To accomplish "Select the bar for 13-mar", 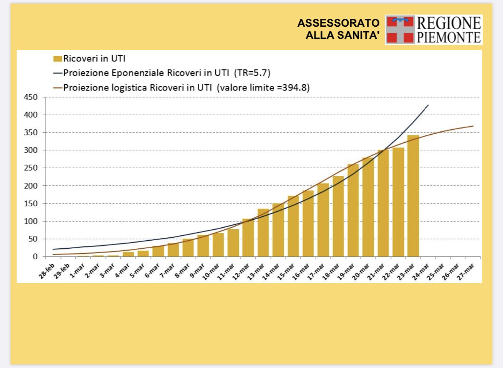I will tap(263, 233).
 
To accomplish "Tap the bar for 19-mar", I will tap(353, 210).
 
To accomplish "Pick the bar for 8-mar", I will tap(188, 247).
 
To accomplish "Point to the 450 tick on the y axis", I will tap(30, 97).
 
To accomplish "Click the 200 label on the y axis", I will tap(30, 186).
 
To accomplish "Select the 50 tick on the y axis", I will tap(32, 239).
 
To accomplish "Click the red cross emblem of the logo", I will tap(400, 30).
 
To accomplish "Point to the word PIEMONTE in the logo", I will tap(449, 37).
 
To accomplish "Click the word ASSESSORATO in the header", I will tap(339, 23).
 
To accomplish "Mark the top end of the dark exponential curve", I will tap(428, 105).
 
